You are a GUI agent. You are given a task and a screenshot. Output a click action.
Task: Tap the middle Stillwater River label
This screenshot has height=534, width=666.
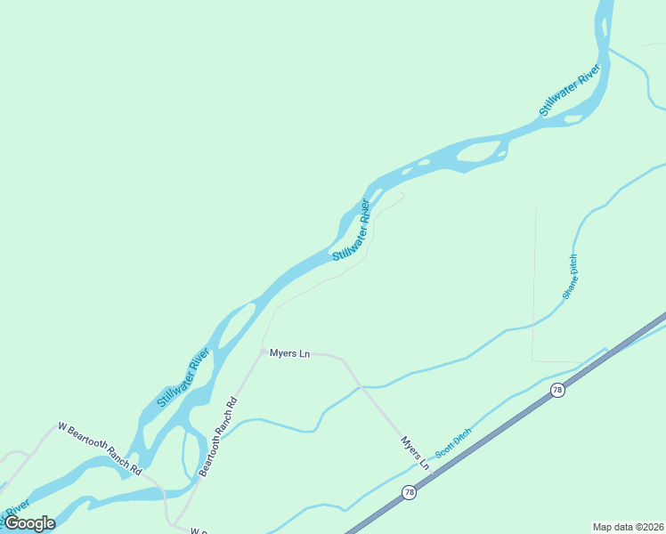click(x=351, y=231)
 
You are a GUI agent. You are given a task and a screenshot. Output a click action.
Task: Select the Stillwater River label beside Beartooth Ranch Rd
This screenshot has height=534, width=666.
click(x=183, y=378)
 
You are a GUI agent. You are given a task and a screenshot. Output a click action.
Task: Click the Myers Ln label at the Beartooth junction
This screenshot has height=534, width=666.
click(x=289, y=354)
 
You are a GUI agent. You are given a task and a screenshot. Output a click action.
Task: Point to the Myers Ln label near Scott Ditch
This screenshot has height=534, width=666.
click(x=415, y=453)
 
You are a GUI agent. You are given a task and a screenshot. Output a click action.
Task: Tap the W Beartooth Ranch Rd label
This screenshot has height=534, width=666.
click(x=100, y=447)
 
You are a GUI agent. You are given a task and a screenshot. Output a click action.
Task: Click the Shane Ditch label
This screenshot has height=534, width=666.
click(x=570, y=277)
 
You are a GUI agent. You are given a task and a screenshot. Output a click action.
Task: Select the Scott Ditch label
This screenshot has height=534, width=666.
click(x=453, y=441)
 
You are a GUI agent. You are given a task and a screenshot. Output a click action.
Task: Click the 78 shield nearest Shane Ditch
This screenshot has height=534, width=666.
click(x=557, y=391)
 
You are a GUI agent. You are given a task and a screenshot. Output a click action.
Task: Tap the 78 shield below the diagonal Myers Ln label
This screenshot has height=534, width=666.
click(x=409, y=492)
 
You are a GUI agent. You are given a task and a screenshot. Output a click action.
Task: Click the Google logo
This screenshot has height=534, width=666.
click(x=29, y=523)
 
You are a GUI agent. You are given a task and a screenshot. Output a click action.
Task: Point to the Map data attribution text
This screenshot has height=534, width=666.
click(x=628, y=527)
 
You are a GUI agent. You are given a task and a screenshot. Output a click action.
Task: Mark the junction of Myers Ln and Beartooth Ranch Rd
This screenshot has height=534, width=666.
click(x=262, y=351)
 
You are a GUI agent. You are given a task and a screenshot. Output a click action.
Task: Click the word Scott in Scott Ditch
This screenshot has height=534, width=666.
click(x=444, y=447)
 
